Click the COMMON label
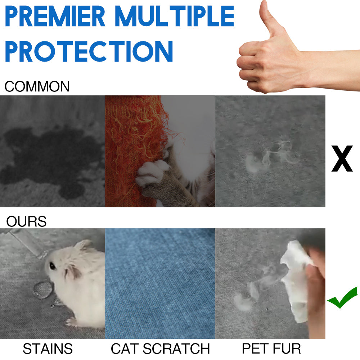click(37, 87)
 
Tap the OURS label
click(26, 221)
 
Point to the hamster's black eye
click(53, 266)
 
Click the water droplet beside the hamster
click(42, 290)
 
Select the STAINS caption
click(48, 349)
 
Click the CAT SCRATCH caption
click(160, 349)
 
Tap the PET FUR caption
click(271, 349)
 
